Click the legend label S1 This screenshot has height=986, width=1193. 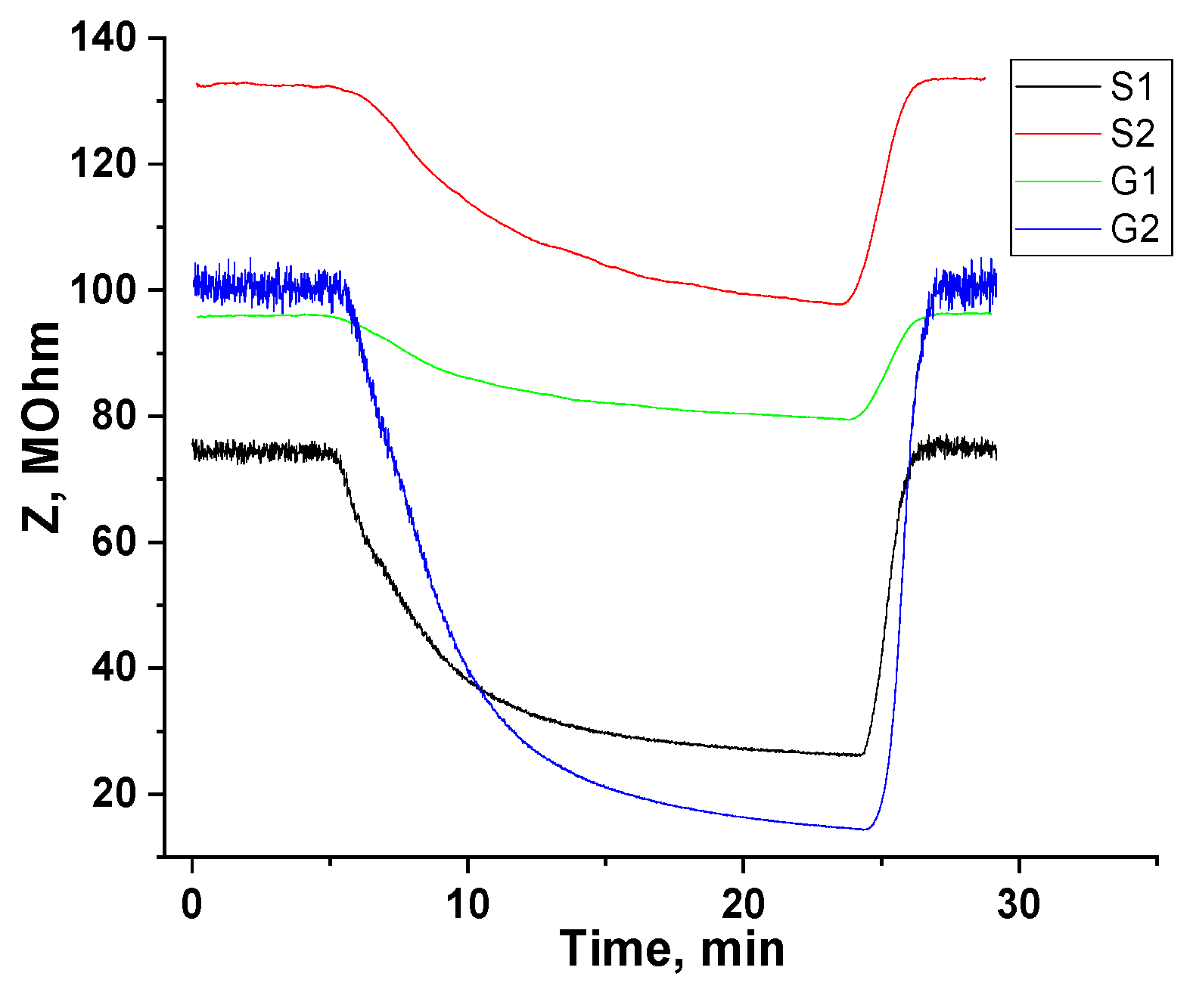(1132, 86)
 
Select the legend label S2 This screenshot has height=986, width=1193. (1132, 133)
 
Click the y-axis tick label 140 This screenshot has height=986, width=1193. (103, 38)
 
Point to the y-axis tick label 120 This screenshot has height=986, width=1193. (103, 164)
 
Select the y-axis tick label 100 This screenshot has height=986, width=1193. (103, 290)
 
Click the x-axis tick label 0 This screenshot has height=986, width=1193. (192, 904)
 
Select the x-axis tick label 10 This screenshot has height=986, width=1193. (468, 904)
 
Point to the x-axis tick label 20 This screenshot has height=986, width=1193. (743, 904)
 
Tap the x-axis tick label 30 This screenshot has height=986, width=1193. (1018, 904)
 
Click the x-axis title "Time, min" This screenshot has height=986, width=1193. (672, 950)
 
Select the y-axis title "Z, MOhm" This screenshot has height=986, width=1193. (42, 427)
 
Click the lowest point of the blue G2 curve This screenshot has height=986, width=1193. (865, 829)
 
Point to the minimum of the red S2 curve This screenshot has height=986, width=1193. (840, 304)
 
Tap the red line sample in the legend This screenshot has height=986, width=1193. (1057, 134)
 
